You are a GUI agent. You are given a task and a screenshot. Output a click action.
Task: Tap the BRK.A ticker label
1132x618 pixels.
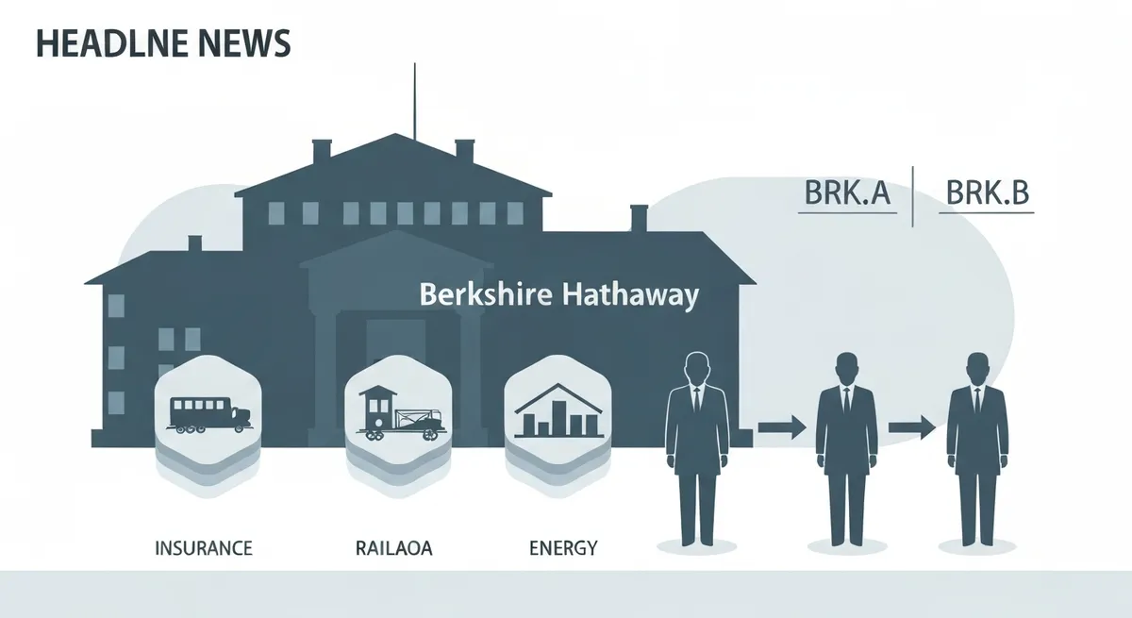point(847,192)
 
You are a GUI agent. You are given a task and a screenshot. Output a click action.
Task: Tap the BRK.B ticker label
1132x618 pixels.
point(987,192)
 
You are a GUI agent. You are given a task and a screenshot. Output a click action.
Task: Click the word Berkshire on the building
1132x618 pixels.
point(486,293)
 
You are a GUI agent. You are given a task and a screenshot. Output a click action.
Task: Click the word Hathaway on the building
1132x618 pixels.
point(631,295)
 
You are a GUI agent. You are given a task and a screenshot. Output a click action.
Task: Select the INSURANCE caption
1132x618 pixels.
point(203,548)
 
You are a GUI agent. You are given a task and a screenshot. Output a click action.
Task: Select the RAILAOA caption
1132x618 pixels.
point(393,548)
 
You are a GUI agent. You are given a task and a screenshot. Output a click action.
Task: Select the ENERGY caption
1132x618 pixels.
point(563,548)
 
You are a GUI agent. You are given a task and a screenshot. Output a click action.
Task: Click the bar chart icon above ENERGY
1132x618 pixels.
point(558,410)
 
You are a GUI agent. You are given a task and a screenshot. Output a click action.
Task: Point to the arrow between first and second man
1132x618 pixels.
point(782,427)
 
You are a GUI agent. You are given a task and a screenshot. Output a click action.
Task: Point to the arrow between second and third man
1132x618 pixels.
point(912,427)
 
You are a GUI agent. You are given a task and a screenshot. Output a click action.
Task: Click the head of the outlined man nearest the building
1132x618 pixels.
point(697,368)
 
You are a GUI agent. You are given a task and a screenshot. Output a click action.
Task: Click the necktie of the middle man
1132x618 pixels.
point(846,401)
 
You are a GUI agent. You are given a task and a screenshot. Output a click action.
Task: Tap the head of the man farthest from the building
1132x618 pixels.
point(977,370)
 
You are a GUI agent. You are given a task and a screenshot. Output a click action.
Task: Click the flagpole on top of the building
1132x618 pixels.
point(415,101)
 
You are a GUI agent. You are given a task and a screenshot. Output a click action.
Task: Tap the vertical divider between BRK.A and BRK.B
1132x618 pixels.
point(913,196)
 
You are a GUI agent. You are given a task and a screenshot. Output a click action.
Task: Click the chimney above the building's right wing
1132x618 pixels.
point(639,218)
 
